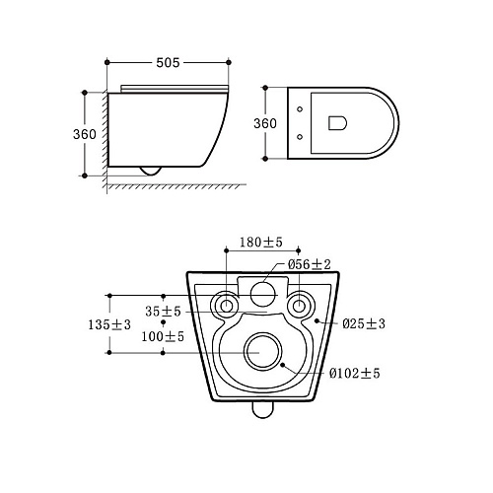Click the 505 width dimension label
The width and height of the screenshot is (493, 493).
168,62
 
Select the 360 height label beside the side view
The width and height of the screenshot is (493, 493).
85,134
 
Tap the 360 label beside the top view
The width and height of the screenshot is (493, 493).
265,123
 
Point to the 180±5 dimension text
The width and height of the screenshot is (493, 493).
261,243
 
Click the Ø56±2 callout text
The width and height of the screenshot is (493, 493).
310,264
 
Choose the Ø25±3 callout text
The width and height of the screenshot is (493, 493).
364,323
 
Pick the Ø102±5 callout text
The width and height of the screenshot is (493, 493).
355,373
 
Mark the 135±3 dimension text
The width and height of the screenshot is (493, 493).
109,324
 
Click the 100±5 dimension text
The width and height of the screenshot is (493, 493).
163,336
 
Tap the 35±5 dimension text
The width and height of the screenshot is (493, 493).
163,311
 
